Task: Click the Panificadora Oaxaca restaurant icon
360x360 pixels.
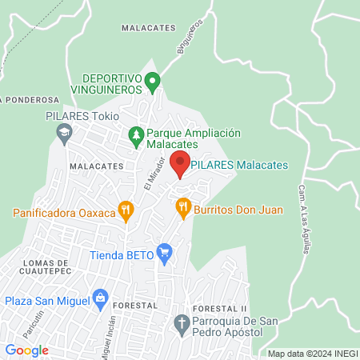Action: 125,212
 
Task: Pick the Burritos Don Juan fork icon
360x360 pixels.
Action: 183,208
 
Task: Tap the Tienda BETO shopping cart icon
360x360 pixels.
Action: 165,255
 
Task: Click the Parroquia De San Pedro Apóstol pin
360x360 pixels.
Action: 181,324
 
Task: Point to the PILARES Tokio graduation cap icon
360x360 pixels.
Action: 64,140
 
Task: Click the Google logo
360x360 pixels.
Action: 27,350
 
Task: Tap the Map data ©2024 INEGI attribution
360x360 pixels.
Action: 311,354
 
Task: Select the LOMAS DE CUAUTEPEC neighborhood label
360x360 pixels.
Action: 36,269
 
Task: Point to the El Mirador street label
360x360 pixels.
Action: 154,173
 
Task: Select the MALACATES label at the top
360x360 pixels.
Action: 148,27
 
